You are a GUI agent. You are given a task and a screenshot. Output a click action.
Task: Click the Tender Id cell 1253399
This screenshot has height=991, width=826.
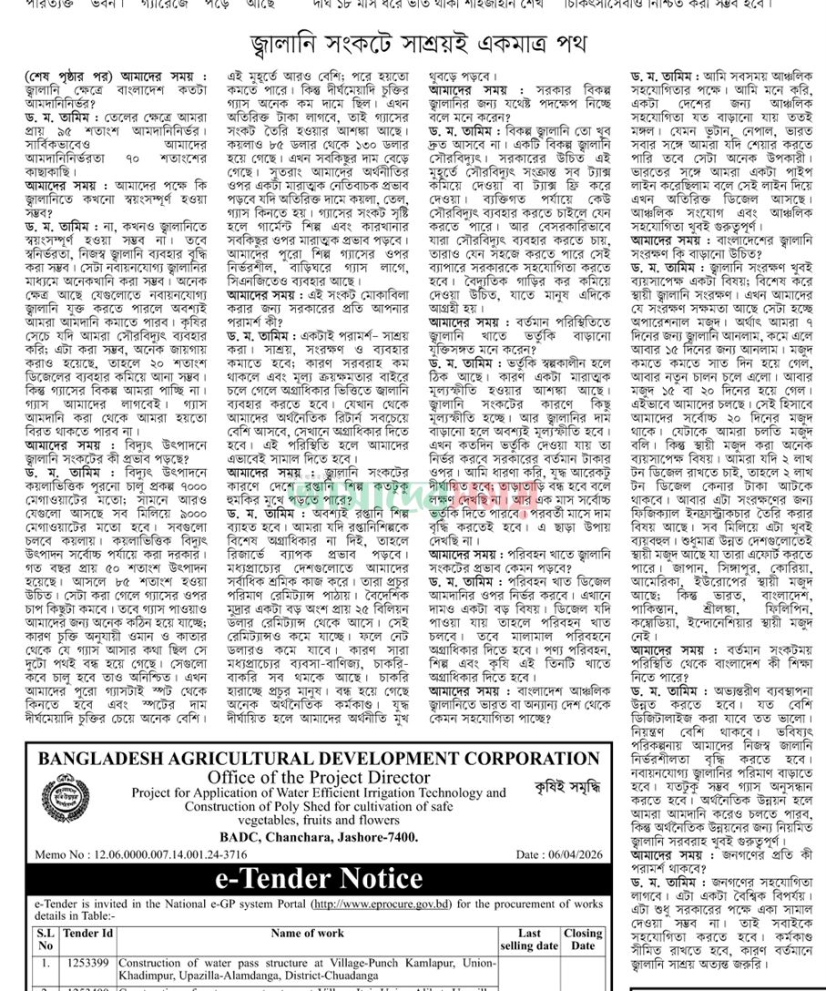pyautogui.click(x=88, y=962)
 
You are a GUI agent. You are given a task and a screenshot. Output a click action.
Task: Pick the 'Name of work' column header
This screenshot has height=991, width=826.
pyautogui.click(x=307, y=934)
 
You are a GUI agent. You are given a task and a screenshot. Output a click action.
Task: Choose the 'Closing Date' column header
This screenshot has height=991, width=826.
pyautogui.click(x=582, y=939)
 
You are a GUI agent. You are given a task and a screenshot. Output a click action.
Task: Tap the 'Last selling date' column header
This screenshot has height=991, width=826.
pyautogui.click(x=529, y=939)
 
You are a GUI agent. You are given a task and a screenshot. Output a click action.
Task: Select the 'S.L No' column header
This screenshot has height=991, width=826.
pyautogui.click(x=45, y=939)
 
